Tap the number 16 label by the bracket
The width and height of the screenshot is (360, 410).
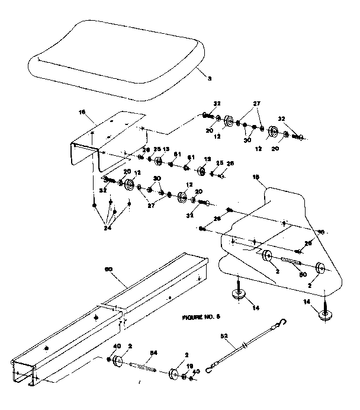82,111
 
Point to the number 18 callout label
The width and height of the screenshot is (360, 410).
256,177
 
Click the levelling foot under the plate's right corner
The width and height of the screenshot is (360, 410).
324,315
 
